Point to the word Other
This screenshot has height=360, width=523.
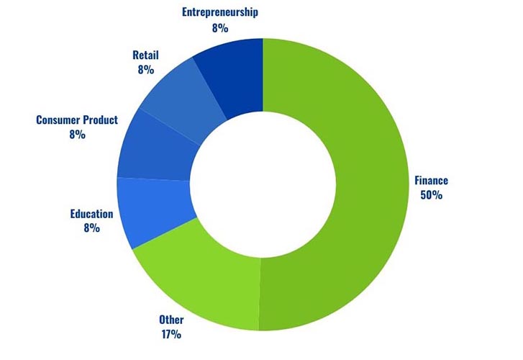171,320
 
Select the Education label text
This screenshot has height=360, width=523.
91,214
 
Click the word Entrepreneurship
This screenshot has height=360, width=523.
220,12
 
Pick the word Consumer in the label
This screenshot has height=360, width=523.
58,120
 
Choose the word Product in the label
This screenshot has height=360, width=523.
100,120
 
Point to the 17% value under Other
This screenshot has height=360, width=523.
170,334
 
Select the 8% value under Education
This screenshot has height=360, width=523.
91,228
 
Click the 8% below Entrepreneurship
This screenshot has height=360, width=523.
220,28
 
